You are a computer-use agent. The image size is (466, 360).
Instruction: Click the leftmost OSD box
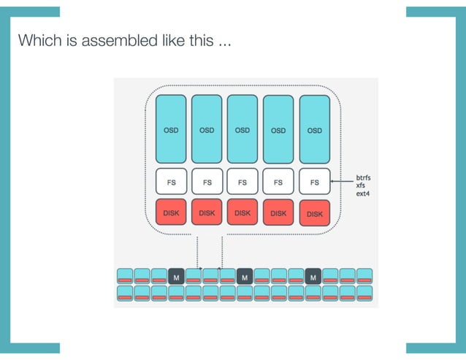[171, 129]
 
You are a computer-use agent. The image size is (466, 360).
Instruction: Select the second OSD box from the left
[207, 129]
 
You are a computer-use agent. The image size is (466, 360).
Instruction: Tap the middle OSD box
[242, 129]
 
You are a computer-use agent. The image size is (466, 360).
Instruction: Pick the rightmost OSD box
[315, 130]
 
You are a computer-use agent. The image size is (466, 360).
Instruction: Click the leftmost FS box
[171, 181]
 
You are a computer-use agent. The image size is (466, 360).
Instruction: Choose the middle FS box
[242, 181]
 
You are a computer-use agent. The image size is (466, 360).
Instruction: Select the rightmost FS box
[315, 181]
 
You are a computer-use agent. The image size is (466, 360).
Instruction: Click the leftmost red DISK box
[171, 212]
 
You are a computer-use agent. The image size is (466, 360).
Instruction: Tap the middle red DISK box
[242, 212]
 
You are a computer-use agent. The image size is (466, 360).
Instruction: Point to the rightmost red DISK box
[315, 213]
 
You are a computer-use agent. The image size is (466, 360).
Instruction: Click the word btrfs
[365, 177]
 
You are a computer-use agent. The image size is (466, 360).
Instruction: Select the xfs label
[361, 185]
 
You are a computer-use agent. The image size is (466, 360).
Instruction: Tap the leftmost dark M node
[175, 277]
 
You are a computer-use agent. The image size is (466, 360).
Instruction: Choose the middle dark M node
[245, 277]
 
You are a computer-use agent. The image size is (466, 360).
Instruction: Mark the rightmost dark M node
[313, 277]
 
